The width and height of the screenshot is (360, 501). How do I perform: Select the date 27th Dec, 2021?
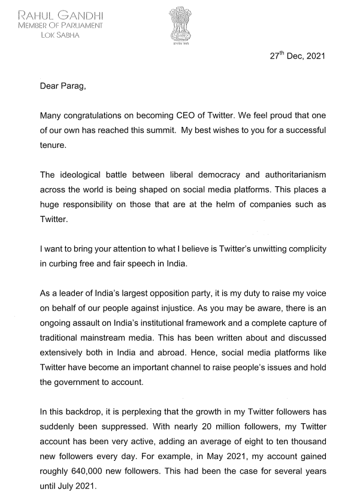point(297,57)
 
